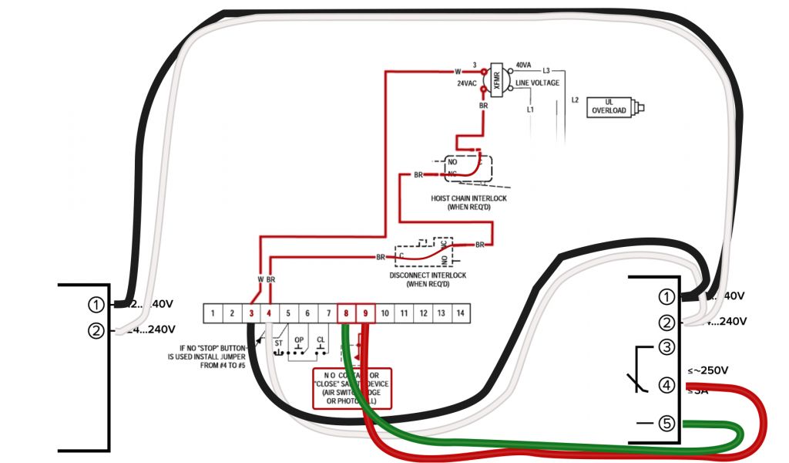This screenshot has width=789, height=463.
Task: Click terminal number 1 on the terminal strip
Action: click(212, 313)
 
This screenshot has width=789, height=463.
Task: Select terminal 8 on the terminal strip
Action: click(346, 313)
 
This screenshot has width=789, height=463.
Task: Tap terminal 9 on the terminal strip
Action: click(365, 313)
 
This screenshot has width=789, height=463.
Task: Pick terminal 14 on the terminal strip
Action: click(461, 313)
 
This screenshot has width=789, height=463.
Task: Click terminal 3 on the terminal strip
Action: click(250, 313)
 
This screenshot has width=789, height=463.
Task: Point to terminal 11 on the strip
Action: click(404, 313)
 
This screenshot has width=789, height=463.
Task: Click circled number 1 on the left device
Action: click(96, 305)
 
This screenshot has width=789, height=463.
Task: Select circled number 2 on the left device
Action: click(96, 331)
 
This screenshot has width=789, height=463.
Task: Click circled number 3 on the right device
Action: click(667, 347)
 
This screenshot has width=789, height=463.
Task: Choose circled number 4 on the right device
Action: click(667, 384)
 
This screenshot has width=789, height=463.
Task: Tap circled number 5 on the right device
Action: click(667, 424)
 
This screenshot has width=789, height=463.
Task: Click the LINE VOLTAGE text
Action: click(538, 83)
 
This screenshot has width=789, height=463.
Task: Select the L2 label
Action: click(575, 100)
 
